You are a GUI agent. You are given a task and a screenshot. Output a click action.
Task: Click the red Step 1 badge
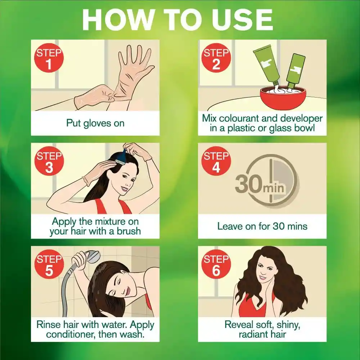point(49,58)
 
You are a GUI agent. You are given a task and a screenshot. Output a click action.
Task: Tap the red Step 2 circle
point(216,58)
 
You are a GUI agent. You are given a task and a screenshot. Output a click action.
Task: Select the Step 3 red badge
point(49,161)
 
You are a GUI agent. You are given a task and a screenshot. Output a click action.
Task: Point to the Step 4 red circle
point(216,161)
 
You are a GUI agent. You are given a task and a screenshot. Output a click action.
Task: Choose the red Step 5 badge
point(49,264)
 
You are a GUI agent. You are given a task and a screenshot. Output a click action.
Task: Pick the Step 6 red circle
point(216,264)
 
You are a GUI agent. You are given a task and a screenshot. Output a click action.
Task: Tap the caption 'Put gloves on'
point(95,123)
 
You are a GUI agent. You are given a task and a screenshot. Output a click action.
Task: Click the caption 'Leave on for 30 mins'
point(262,226)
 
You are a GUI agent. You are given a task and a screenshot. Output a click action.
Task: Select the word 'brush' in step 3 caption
point(129,231)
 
